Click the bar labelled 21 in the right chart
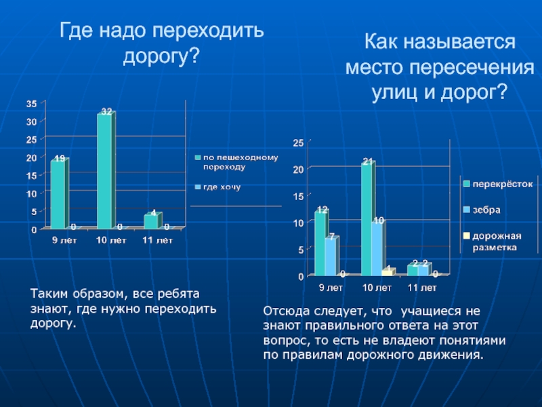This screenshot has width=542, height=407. point(367,218)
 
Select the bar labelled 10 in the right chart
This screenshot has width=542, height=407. point(377,248)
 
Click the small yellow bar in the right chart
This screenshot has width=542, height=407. point(387,271)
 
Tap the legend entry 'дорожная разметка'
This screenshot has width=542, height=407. point(497,241)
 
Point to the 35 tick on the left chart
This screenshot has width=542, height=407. point(32,104)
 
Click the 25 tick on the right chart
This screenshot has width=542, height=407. point(298,143)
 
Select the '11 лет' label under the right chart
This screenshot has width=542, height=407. point(421,288)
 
